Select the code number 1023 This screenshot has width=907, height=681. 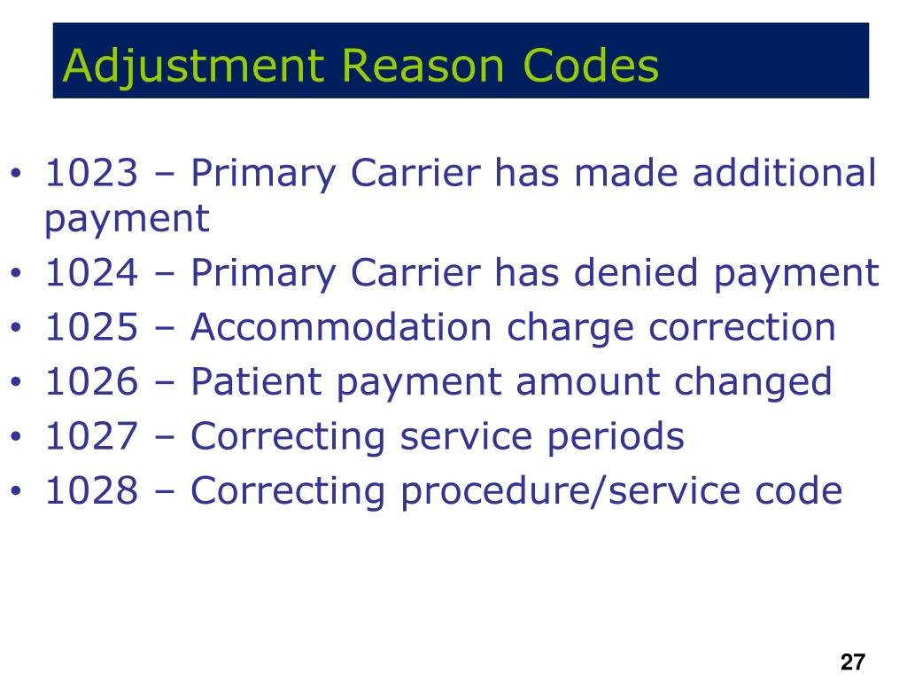tap(92, 173)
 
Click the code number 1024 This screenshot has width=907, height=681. tap(92, 273)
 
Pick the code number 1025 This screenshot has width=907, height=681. tap(92, 327)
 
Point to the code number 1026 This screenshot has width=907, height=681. tap(92, 382)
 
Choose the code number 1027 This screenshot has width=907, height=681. tap(92, 436)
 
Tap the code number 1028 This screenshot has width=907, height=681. tap(92, 490)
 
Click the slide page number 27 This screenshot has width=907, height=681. tap(852, 661)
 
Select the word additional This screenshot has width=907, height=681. tap(784, 173)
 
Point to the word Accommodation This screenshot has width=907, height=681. tap(341, 327)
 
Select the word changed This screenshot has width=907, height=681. tap(754, 382)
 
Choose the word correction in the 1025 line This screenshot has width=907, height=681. tap(741, 327)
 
